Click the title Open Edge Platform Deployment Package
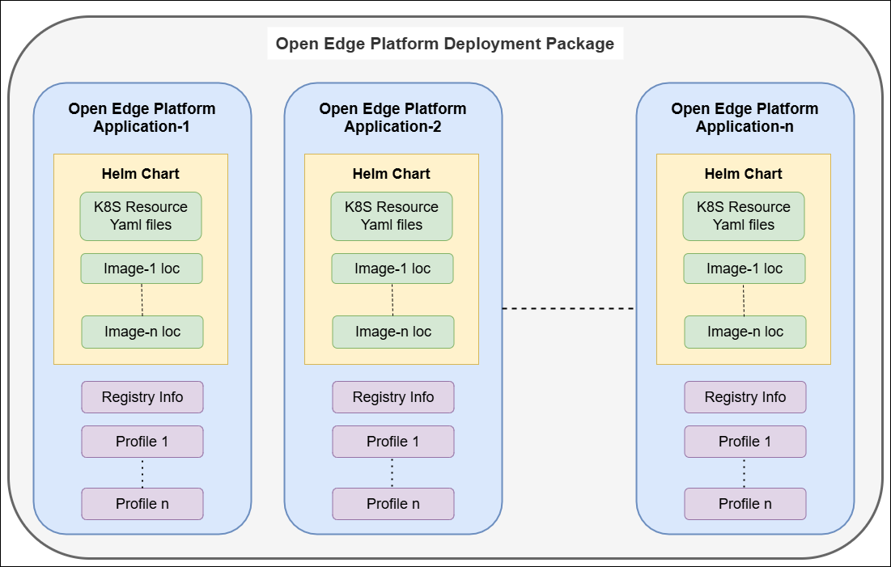tap(445, 44)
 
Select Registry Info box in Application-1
tap(142, 397)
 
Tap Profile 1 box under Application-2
tap(393, 442)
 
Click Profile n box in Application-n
tap(745, 504)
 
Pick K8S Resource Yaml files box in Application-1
tap(141, 216)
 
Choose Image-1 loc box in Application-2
tap(392, 269)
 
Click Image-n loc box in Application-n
tap(745, 332)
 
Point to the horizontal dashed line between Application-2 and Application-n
tap(568, 308)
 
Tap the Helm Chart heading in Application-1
tap(141, 174)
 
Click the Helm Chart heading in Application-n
tap(744, 174)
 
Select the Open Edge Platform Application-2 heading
tap(392, 117)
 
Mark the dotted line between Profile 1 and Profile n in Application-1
tap(142, 472)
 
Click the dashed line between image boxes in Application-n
tap(745, 299)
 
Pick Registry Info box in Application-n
tap(745, 397)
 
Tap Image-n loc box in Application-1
tap(142, 332)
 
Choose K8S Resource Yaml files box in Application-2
tap(392, 216)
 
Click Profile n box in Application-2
tap(393, 504)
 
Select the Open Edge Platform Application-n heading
tap(745, 117)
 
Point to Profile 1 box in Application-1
tap(142, 442)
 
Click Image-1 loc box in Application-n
tap(745, 269)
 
